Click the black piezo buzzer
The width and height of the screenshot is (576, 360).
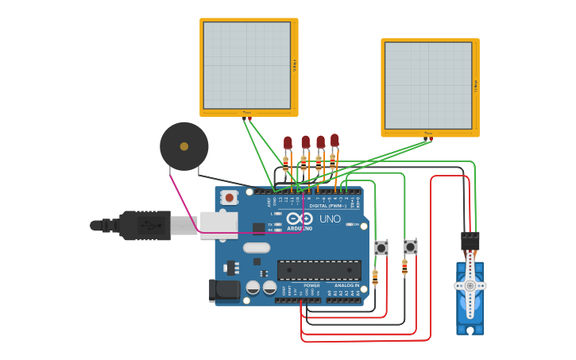184,146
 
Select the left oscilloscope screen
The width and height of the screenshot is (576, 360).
247,65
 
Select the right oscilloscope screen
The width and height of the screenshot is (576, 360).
428,85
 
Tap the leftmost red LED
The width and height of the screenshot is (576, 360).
288,142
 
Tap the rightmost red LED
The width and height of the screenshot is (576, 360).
334,140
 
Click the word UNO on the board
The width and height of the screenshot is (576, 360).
330,219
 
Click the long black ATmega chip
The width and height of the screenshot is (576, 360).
318,270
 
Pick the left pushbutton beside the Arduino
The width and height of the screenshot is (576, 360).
381,248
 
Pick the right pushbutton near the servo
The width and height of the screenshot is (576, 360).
410,247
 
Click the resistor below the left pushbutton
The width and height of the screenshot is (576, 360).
375,277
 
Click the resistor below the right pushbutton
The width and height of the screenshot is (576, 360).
404,268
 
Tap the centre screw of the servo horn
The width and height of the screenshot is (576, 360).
470,285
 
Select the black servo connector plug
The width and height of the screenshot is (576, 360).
470,239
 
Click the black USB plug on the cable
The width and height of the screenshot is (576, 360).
145,226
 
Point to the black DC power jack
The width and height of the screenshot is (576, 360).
224,290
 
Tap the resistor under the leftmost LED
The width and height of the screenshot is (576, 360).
286,165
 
